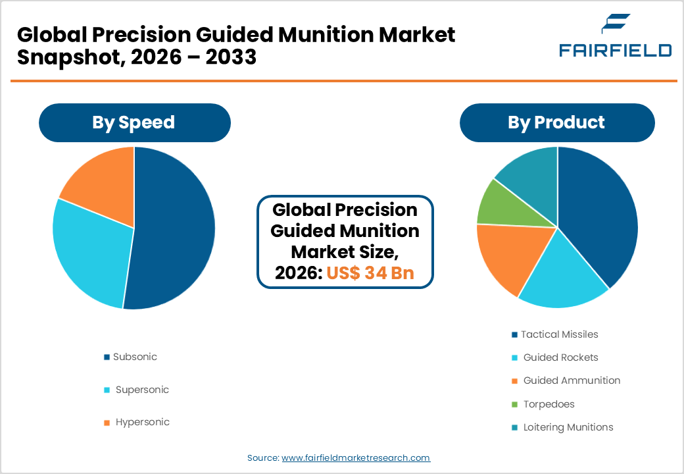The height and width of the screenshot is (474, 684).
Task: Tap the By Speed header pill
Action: [134, 122]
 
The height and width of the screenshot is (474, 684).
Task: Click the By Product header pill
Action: [556, 122]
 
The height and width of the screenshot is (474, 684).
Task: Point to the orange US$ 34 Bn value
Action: [370, 273]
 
